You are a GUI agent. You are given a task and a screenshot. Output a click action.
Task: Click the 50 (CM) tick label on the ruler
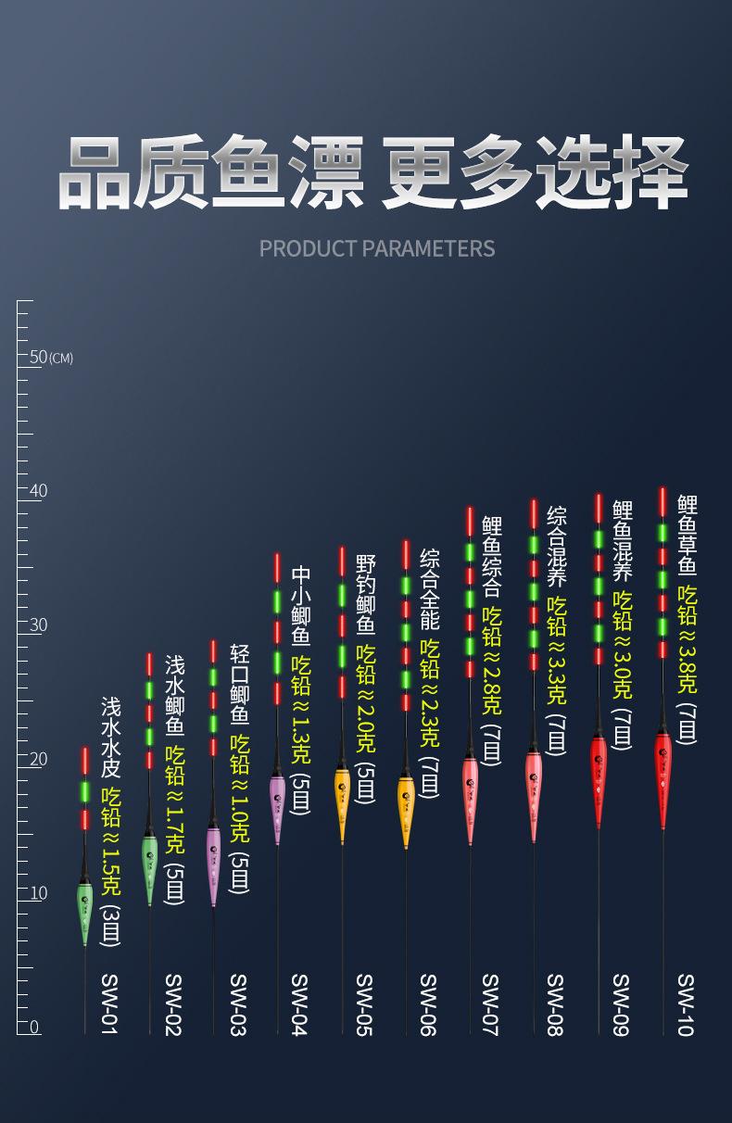(51, 358)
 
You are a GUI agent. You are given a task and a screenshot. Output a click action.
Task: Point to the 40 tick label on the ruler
(39, 491)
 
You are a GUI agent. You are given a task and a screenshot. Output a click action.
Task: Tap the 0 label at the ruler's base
(34, 1028)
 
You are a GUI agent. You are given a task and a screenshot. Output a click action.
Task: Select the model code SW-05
(364, 1004)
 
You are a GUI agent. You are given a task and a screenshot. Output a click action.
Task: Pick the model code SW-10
(686, 1004)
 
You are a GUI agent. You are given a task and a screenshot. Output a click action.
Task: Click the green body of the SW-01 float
(84, 914)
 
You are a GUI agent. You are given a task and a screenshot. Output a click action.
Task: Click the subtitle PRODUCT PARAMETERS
(377, 248)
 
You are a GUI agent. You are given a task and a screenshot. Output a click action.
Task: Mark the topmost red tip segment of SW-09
(599, 508)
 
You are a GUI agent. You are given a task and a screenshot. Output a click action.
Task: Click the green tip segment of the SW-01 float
(84, 791)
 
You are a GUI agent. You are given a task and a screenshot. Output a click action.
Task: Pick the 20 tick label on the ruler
(39, 760)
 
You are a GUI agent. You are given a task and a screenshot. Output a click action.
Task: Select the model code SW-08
(555, 1004)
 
